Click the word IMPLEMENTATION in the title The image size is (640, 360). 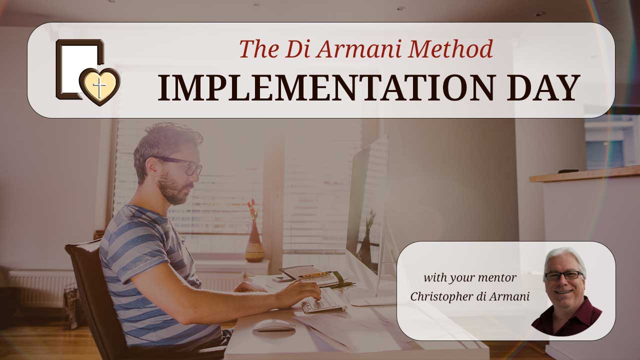pyautogui.click(x=326, y=87)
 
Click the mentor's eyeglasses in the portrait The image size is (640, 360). pyautogui.click(x=564, y=275)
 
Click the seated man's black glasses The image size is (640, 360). pyautogui.click(x=182, y=165)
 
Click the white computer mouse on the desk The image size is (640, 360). pyautogui.click(x=273, y=325)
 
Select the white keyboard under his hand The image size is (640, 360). pyautogui.click(x=323, y=301)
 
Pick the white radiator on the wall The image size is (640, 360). pyautogui.click(x=40, y=289)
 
